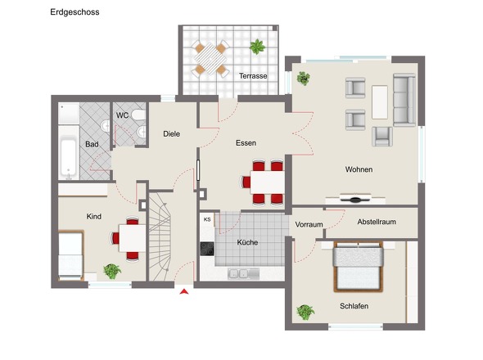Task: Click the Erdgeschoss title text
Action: [74, 12]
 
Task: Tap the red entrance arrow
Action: [184, 291]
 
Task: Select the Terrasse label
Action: [253, 76]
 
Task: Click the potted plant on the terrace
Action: [257, 47]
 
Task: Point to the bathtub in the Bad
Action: [69, 158]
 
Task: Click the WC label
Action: [122, 115]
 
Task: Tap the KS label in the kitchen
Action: [207, 219]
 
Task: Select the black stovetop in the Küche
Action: [207, 249]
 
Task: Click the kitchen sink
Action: [243, 273]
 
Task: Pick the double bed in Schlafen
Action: [359, 267]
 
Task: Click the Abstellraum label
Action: [377, 222]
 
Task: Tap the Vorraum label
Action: [309, 224]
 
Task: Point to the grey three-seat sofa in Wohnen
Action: [404, 100]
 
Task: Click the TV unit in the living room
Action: [355, 199]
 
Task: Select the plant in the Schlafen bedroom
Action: [305, 312]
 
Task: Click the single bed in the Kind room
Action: [71, 255]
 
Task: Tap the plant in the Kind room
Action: [112, 272]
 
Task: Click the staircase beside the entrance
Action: [160, 236]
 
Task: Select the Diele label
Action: [172, 134]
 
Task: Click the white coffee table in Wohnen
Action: [380, 102]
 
